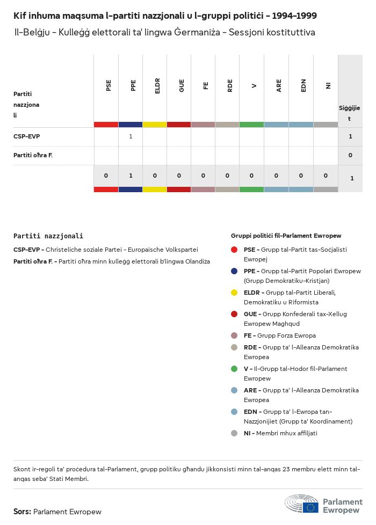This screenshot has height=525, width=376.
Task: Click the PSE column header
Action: pos(109,85)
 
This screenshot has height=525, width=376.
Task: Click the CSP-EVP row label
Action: pos(27,136)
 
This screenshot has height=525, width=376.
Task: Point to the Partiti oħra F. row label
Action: pos(33,155)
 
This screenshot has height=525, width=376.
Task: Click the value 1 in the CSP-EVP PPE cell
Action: pos(131,136)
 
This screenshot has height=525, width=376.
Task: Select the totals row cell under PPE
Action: pos(131,176)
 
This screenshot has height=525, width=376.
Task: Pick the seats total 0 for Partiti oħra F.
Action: pos(350,155)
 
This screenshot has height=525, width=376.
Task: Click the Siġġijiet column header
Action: pos(350,113)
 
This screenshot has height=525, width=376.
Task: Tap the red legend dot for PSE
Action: pos(234,250)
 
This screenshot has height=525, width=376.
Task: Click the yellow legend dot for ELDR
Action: pos(234,293)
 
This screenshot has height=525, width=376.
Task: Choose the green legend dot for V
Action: pos(234,369)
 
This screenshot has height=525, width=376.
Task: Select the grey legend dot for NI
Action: pos(234,433)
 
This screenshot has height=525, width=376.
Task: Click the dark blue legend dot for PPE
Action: pos(234,271)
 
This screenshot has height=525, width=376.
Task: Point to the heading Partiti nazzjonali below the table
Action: pos(48,236)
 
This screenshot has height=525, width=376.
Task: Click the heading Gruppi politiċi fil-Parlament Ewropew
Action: pos(286,236)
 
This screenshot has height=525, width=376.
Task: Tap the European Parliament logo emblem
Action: pos(301,505)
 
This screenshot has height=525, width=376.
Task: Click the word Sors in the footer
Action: pos(22,512)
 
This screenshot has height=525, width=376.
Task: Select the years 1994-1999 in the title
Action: pos(294,16)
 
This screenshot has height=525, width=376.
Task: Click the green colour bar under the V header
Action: pos(251,125)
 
